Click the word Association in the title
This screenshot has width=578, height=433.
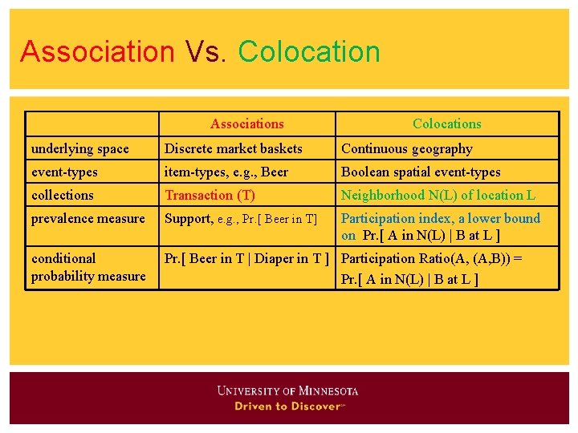[x=97, y=51]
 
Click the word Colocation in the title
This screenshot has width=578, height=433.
[x=309, y=51]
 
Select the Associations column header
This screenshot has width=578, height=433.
[x=246, y=123]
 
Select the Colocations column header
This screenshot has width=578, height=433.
[x=446, y=123]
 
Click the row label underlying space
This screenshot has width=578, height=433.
[x=79, y=148]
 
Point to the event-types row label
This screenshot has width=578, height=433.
[x=64, y=172]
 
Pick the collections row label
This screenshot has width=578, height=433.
[x=62, y=195]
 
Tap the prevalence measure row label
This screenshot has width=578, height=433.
[x=88, y=218]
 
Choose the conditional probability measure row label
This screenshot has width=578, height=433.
[x=88, y=267]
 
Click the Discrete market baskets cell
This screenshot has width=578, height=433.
[x=233, y=148]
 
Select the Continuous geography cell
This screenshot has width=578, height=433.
[x=406, y=148]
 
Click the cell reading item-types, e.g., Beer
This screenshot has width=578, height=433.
[x=226, y=172]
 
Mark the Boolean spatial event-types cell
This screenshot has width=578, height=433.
[x=420, y=172]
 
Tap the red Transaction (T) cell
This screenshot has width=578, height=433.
[x=210, y=195]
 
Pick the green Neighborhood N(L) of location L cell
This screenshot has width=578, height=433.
[x=438, y=195]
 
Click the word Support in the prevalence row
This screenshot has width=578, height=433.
[x=189, y=218]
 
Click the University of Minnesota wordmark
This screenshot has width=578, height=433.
[x=287, y=391]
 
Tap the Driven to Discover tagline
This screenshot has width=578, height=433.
[x=289, y=407]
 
